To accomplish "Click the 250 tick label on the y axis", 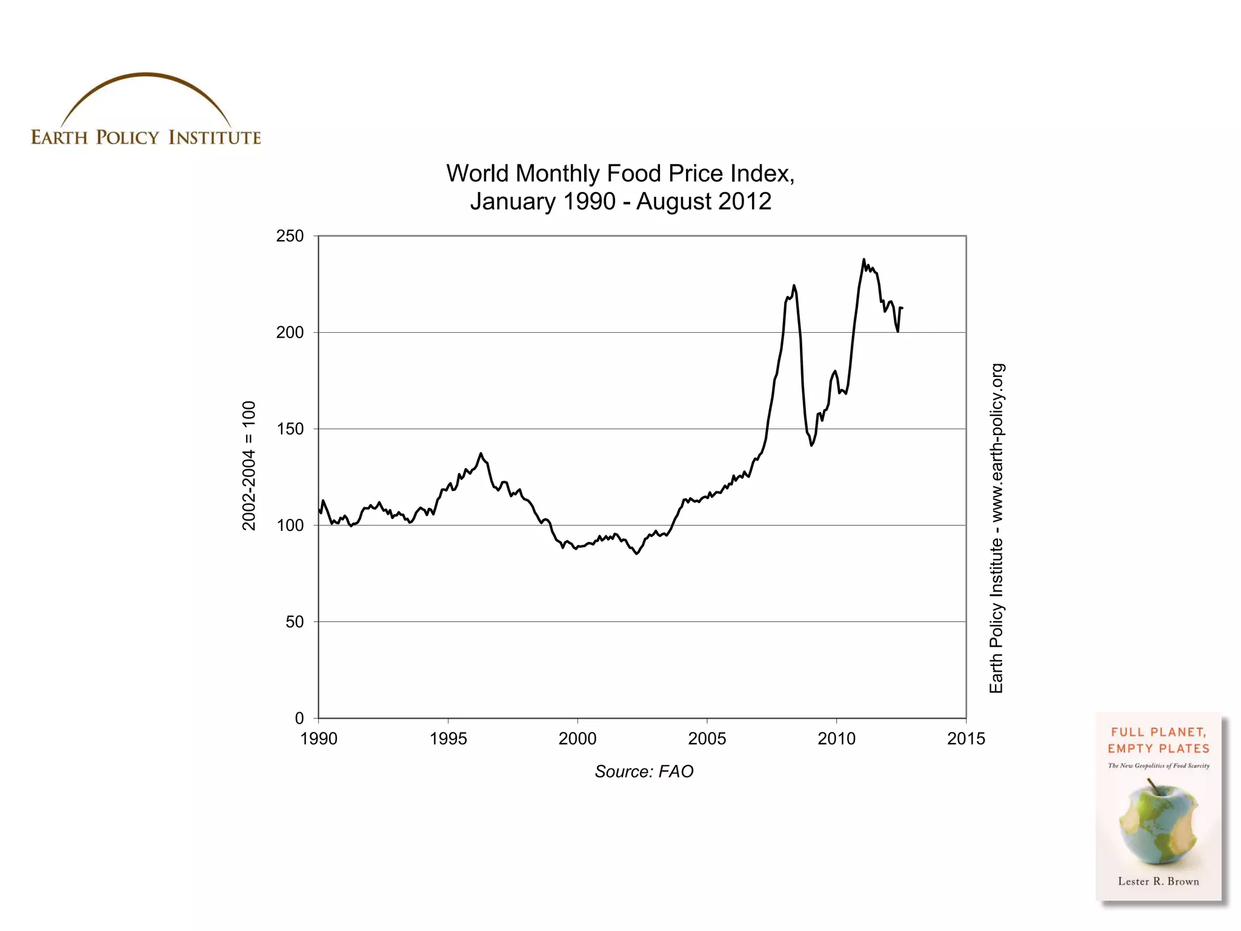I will [290, 236].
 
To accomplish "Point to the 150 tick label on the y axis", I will [290, 429].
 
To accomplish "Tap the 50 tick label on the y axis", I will [294, 622].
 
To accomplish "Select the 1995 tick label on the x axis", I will [448, 739].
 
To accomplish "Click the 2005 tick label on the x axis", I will [707, 739].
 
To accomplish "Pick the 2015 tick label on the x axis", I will [966, 739].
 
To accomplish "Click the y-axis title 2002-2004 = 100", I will [249, 465].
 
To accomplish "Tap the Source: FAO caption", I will [644, 772].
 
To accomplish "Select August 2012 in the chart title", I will [704, 202].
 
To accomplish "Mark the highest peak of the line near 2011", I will [864, 259].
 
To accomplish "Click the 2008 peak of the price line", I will [794, 285].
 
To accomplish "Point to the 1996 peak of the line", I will [481, 453].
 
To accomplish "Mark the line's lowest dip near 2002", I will [637, 553].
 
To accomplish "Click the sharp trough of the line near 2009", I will [812, 445].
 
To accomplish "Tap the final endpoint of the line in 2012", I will [902, 309].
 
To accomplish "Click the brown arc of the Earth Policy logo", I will [145, 76].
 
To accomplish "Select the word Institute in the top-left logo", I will [215, 138].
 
